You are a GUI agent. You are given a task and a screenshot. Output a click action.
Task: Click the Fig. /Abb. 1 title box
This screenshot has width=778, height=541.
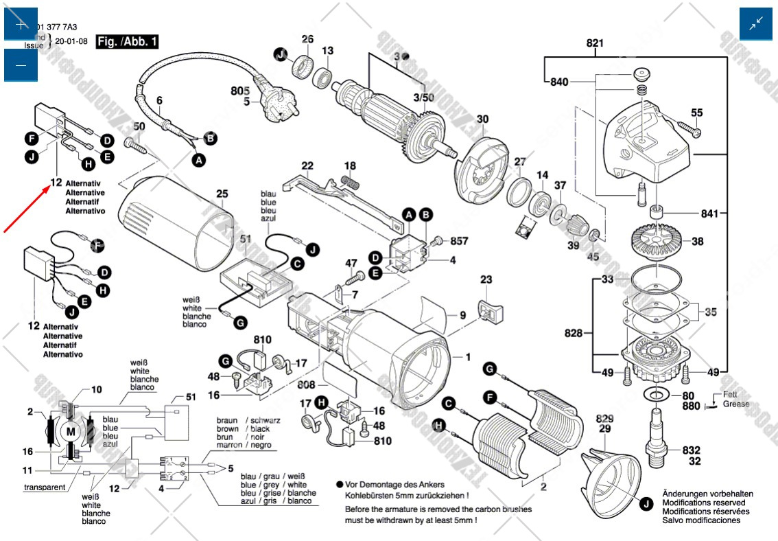128,42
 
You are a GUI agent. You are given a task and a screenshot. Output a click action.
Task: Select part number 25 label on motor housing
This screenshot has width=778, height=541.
222,194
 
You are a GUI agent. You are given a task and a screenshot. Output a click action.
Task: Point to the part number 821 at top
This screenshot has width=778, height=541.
595,43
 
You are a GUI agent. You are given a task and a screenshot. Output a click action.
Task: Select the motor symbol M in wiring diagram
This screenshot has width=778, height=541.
71,431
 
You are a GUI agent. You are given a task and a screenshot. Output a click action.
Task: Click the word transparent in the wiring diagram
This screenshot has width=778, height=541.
45,487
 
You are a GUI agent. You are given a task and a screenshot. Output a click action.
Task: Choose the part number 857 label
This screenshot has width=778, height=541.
459,242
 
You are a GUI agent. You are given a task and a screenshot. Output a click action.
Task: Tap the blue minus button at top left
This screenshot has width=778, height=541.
21,65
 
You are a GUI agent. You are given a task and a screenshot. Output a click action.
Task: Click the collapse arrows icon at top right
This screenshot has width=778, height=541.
756,24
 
